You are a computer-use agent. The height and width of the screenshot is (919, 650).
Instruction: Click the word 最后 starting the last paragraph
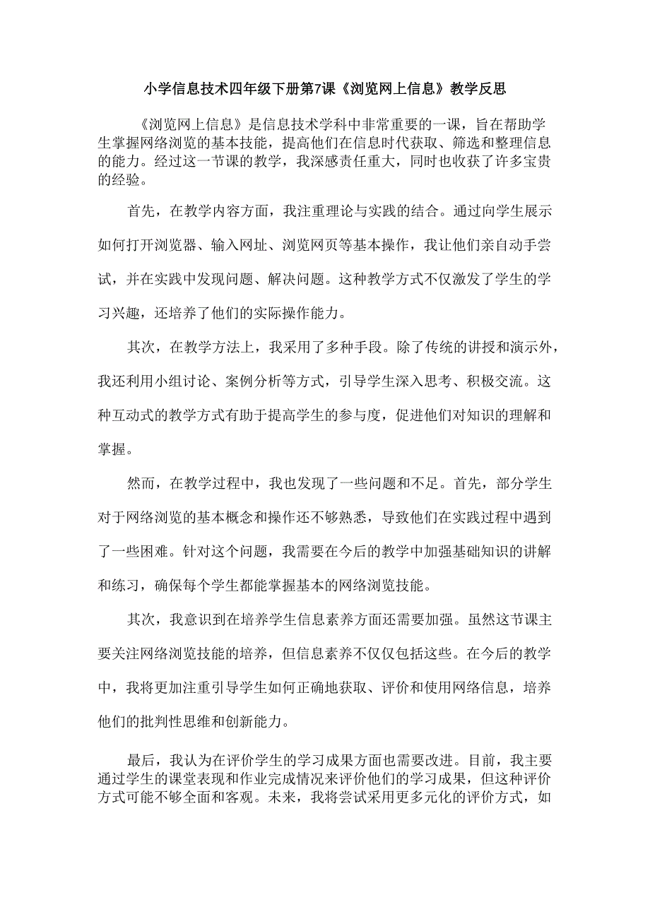141,762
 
